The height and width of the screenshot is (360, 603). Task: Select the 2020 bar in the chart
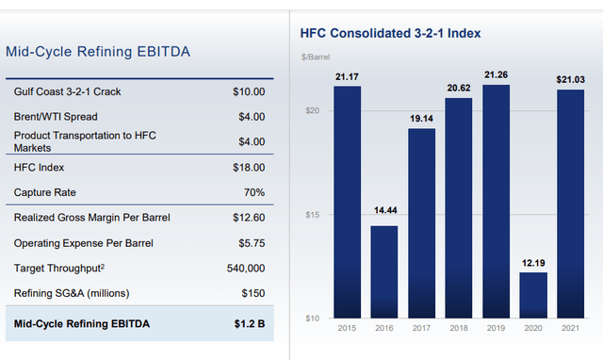point(533,295)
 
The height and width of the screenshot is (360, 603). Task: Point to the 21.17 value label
point(348,76)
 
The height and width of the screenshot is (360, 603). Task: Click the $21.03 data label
point(570,77)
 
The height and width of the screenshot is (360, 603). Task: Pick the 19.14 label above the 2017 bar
point(422,119)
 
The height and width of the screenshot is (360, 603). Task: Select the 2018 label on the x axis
point(459,329)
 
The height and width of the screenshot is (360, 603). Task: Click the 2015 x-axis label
point(348,329)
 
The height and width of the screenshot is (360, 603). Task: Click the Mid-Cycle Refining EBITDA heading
point(98,53)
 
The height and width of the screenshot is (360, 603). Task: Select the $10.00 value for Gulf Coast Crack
point(249,92)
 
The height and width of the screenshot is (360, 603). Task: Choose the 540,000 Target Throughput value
point(244,269)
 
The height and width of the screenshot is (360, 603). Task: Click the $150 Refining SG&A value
point(253,293)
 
